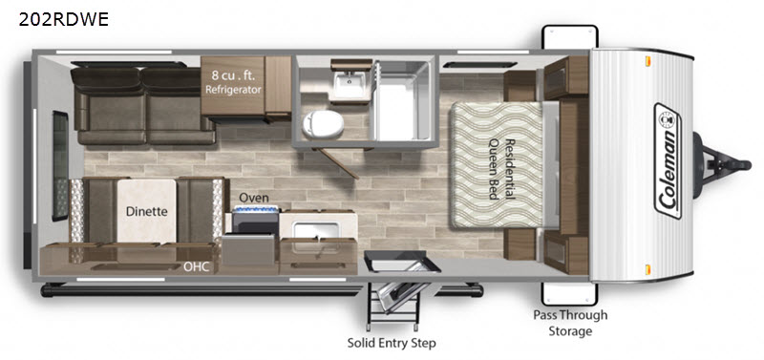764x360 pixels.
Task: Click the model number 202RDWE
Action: (63, 19)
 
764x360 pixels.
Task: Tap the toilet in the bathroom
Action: (323, 124)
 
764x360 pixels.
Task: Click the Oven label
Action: (253, 198)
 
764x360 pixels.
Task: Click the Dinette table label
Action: (147, 211)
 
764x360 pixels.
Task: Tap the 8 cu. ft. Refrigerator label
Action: (233, 83)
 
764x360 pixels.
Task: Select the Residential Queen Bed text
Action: (502, 169)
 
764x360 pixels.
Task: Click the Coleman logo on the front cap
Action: (668, 160)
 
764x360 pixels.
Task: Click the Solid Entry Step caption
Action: (392, 343)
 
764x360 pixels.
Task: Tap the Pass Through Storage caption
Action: (570, 323)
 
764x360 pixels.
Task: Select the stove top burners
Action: (256, 209)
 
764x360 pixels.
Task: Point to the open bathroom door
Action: (336, 162)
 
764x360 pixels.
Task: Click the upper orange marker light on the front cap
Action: (648, 61)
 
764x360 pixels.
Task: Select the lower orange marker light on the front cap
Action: (648, 269)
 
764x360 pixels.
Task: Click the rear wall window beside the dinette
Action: (60, 165)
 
